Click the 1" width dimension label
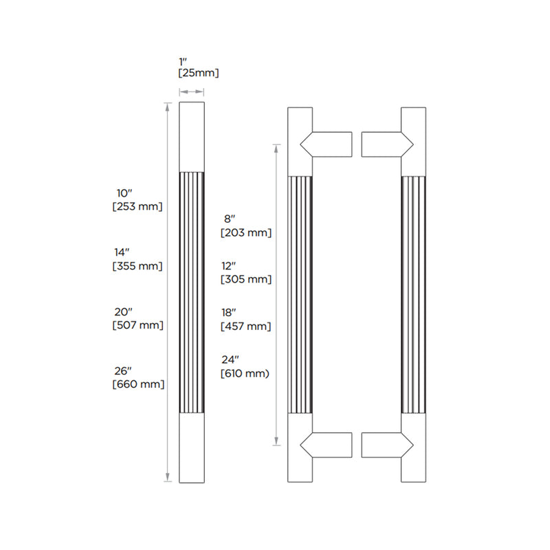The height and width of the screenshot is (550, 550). [183, 60]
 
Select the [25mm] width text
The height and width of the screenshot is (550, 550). [199, 72]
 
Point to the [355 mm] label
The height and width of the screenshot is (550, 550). [137, 265]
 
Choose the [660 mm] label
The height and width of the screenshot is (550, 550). [138, 384]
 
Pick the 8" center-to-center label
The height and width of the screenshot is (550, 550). [229, 219]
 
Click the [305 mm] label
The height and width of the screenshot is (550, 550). [246, 279]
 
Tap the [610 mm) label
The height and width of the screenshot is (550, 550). [245, 373]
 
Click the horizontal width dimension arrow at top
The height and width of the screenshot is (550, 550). [192, 91]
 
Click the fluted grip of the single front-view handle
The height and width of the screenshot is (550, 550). [192, 292]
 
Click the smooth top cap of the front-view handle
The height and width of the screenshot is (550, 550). [192, 135]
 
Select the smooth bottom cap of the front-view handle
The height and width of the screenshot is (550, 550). [192, 448]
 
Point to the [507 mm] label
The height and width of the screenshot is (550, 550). [137, 325]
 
